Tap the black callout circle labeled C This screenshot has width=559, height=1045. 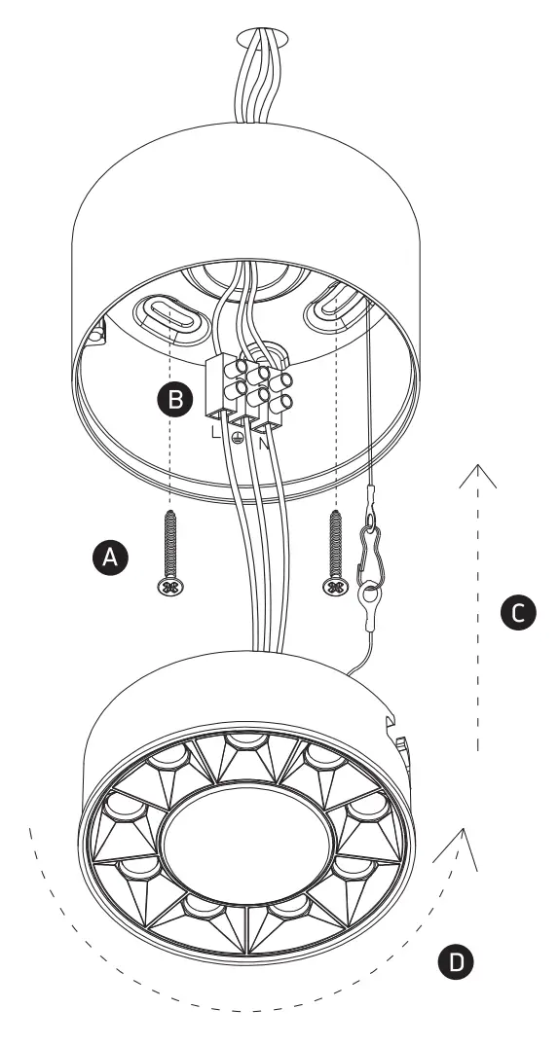click(517, 611)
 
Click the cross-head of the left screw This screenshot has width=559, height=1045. click(170, 588)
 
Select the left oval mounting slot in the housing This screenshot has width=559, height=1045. click(171, 316)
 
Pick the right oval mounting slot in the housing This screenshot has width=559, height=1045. click(335, 308)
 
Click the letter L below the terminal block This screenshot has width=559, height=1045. click(215, 431)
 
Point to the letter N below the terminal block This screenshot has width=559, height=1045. click(263, 441)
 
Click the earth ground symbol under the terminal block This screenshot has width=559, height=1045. click(239, 439)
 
